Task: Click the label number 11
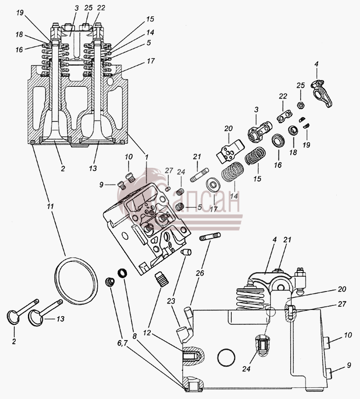point(50,206)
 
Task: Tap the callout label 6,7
point(122,343)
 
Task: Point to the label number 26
point(200,273)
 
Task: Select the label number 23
point(171,301)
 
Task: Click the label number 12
point(148,332)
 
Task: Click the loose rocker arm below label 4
point(322,93)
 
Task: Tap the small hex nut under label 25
point(301,104)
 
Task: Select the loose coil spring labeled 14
point(232,172)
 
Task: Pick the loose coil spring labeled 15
point(255,156)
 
